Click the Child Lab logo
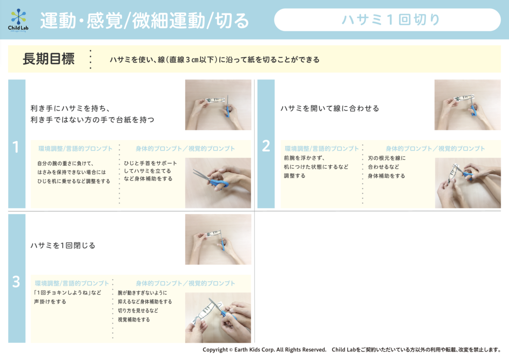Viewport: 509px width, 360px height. (18, 20)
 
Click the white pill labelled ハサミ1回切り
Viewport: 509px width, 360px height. (387, 20)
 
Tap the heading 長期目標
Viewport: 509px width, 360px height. (49, 59)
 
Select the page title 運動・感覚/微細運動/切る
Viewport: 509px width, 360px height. (144, 20)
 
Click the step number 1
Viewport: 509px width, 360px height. (16, 147)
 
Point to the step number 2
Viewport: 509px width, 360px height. (266, 146)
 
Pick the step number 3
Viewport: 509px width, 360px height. (16, 282)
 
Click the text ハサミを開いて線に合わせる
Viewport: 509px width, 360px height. (330, 108)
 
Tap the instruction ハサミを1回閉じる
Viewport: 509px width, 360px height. (63, 245)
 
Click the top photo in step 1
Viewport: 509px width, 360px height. (218, 105)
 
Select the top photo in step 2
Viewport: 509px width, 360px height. (467, 105)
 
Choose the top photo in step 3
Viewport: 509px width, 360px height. (218, 239)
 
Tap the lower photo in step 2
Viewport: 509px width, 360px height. (468, 183)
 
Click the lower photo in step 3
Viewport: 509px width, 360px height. (218, 317)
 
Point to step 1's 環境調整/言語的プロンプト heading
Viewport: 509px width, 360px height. (75, 149)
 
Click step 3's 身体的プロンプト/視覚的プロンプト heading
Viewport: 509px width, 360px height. (186, 283)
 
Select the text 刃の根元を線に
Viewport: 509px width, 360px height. (387, 158)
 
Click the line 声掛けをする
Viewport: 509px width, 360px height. (50, 302)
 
